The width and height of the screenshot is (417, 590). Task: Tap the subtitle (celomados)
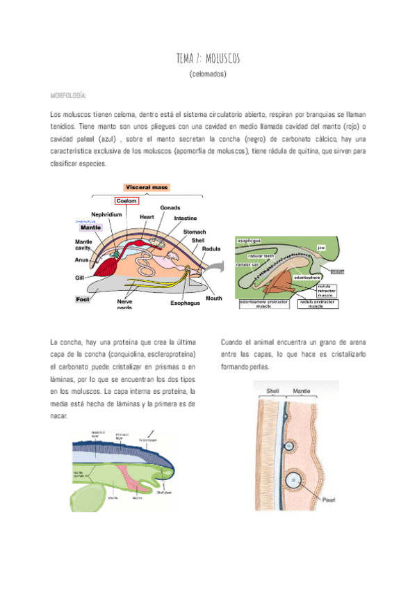point(208,74)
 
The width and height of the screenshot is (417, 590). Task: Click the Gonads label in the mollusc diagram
point(171,208)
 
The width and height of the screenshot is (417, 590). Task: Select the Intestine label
point(186,218)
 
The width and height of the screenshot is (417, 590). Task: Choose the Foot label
point(83,300)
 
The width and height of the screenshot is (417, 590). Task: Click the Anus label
point(81,260)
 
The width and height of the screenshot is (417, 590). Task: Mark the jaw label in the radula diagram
point(320,246)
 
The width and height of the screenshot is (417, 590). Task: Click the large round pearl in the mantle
point(294,479)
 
